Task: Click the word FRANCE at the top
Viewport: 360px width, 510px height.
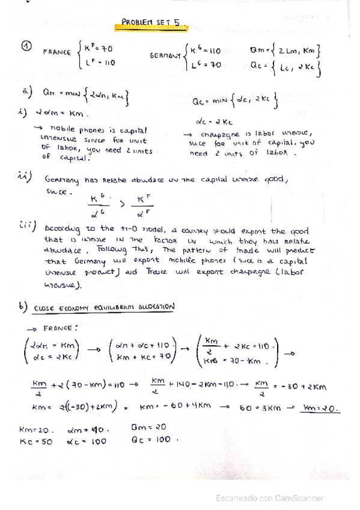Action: point(56,52)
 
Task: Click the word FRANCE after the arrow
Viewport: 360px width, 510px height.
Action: point(59,328)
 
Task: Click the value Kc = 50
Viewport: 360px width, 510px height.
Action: point(36,441)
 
